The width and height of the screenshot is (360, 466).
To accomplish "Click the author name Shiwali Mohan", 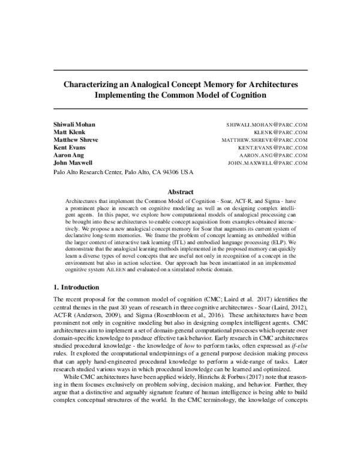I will (x=74, y=124).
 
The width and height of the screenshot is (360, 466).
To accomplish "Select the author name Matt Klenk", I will (x=69, y=132).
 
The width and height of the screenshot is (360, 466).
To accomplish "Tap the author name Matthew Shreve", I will (x=76, y=139).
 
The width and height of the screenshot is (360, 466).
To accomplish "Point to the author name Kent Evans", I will (x=70, y=147).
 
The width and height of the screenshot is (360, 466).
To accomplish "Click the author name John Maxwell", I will (x=73, y=163).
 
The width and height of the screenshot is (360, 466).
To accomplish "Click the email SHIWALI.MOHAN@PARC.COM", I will (x=267, y=124).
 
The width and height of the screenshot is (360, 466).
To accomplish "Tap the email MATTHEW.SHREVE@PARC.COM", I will (x=265, y=140).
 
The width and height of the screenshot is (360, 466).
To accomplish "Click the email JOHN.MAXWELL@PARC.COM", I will (x=268, y=163).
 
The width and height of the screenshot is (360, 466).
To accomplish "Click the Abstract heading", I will (x=180, y=192).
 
